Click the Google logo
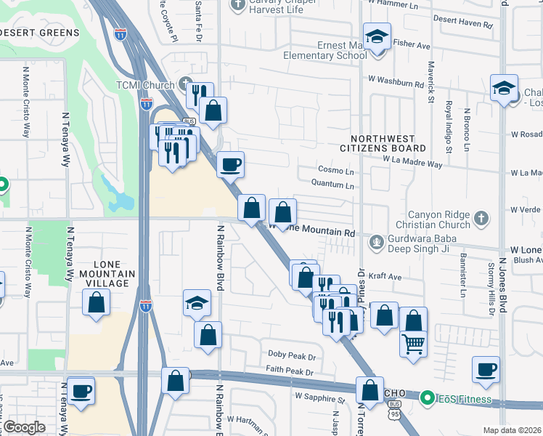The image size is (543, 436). tap(23, 427)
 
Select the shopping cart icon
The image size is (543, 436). tap(413, 343)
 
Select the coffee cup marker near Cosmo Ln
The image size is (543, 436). tap(230, 164)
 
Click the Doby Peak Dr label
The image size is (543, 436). tap(292, 357)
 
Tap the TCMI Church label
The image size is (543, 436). tap(149, 85)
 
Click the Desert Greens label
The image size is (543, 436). tap(40, 33)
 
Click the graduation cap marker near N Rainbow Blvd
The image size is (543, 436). tap(196, 303)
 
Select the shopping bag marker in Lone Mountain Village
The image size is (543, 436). tap(96, 302)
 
